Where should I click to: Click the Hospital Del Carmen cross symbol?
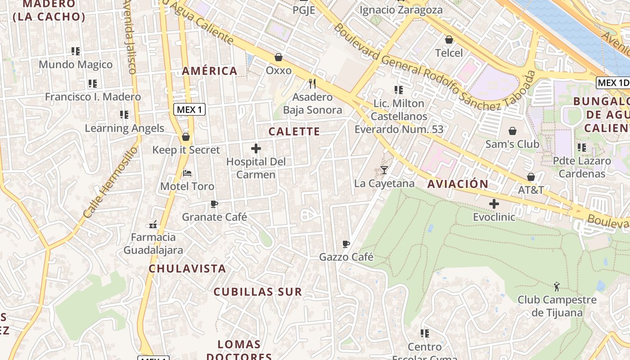256,148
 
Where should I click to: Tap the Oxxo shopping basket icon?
279,57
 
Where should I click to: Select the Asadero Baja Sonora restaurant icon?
312,83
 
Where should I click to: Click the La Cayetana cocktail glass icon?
384,170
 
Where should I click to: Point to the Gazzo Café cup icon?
346,244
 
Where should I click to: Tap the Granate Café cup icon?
214,204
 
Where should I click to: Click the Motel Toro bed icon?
187,173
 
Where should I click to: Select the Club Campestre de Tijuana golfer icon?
557,286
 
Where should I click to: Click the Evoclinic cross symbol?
494,204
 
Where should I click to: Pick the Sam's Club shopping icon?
512,131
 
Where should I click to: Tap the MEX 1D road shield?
612,83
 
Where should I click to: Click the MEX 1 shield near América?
190,109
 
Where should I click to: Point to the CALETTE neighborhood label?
294,131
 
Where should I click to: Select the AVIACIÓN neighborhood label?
458,184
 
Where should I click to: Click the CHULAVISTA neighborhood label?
187,269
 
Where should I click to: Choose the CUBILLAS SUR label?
257,292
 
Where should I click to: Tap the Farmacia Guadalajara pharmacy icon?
153,224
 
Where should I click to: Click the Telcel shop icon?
449,40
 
